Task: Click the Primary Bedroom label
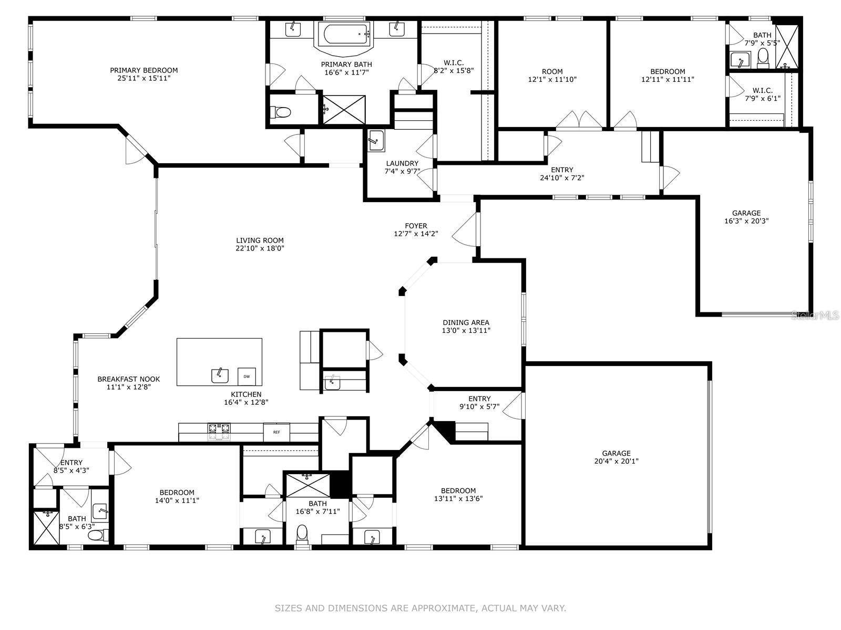point(143,70)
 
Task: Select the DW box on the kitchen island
point(246,376)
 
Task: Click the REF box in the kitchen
point(276,432)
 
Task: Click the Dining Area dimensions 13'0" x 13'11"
point(466,331)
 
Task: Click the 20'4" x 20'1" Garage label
point(616,457)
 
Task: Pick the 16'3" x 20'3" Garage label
point(746,217)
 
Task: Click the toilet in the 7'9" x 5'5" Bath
point(763,58)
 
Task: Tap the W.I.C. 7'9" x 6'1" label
point(762,94)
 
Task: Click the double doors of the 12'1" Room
point(579,120)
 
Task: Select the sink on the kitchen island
point(220,375)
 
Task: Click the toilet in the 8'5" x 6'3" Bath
point(96,535)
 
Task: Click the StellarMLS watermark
point(815,315)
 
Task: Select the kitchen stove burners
point(219,431)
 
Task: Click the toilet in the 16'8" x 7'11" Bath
point(302,533)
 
